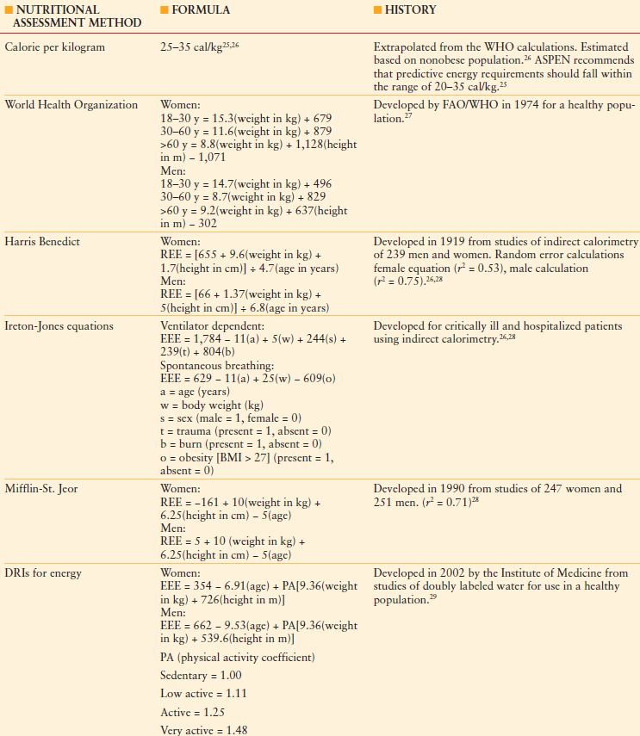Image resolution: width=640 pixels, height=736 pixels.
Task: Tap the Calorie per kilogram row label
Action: (55, 47)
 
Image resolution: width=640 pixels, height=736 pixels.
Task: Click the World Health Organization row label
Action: (71, 105)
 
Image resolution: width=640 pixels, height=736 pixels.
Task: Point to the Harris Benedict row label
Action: (42, 242)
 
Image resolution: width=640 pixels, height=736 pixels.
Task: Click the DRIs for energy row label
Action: (44, 573)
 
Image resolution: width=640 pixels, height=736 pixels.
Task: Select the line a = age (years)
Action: (196, 391)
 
